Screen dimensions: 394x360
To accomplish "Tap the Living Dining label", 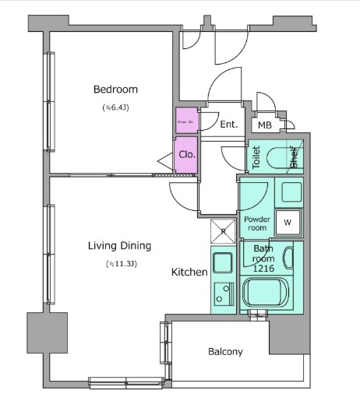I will [x=118, y=246].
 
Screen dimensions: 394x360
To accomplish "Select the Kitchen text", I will [x=189, y=273].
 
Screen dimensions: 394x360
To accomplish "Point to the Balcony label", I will [x=225, y=351].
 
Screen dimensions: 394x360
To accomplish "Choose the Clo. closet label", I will [x=186, y=153].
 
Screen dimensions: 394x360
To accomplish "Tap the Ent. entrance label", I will [x=228, y=125].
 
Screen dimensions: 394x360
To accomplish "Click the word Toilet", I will [x=256, y=157].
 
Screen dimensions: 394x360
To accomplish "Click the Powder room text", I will [x=256, y=224].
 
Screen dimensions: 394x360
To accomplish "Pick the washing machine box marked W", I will [x=287, y=222].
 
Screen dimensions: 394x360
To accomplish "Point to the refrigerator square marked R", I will [x=222, y=230].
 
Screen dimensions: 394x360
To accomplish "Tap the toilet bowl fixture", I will [x=277, y=158].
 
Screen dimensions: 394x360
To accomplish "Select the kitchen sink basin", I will [x=221, y=262].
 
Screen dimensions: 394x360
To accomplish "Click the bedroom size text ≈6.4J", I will [x=114, y=107].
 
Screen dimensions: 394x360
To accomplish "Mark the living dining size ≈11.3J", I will [x=121, y=265].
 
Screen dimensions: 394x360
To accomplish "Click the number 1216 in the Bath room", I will [x=263, y=269].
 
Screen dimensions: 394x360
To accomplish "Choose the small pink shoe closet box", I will [x=186, y=122].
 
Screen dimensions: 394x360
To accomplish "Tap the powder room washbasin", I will [x=291, y=192].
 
